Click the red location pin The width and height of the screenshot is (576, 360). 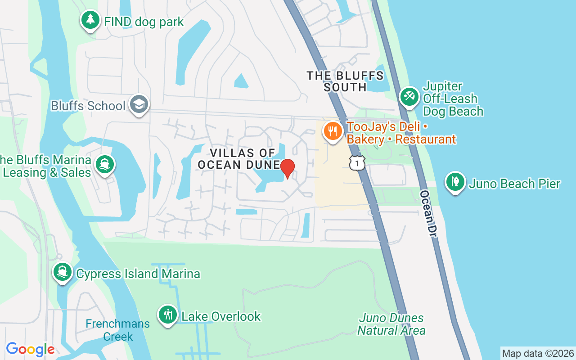coord(287,168)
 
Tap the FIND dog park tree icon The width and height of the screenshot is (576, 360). coord(90,20)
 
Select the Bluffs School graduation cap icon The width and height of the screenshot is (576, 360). coord(139,104)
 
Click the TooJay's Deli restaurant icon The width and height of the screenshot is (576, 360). coord(333,131)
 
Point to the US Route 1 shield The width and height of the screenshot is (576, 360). coord(357,163)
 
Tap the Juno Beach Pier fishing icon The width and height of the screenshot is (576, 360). coord(455,182)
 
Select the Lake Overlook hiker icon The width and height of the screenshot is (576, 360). coord(168,315)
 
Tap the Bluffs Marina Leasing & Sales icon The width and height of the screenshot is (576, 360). coord(105,164)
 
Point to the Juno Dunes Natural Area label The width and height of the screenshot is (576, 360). coord(391,324)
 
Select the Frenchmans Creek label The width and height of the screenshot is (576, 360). coord(117,330)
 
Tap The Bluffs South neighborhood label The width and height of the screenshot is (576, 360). coord(345,81)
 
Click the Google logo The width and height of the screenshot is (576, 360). coord(30,349)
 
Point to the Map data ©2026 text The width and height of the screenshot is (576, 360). coord(538,353)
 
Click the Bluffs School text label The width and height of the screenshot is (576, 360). coord(88,106)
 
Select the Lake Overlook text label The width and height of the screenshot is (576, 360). coord(221,316)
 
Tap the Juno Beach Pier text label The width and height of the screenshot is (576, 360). coord(514,184)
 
